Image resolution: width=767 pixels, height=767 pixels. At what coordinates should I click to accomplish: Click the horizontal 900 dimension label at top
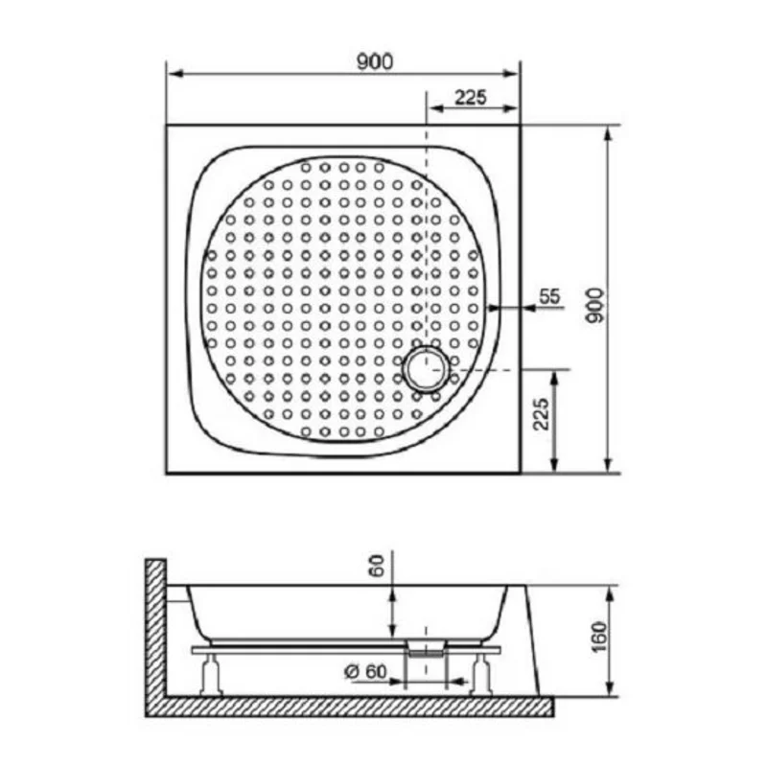(x=375, y=62)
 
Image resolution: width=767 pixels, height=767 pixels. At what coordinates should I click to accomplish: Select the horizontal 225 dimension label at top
(x=471, y=96)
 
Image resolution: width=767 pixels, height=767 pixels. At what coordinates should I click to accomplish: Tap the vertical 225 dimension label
(x=541, y=414)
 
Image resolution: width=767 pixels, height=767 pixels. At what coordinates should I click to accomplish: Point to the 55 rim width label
(x=548, y=296)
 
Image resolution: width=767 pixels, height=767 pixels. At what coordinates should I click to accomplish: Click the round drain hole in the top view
(x=426, y=370)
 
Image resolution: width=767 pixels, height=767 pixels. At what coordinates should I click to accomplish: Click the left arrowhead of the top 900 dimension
(x=174, y=75)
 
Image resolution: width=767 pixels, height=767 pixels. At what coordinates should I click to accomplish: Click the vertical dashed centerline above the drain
(x=426, y=240)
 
